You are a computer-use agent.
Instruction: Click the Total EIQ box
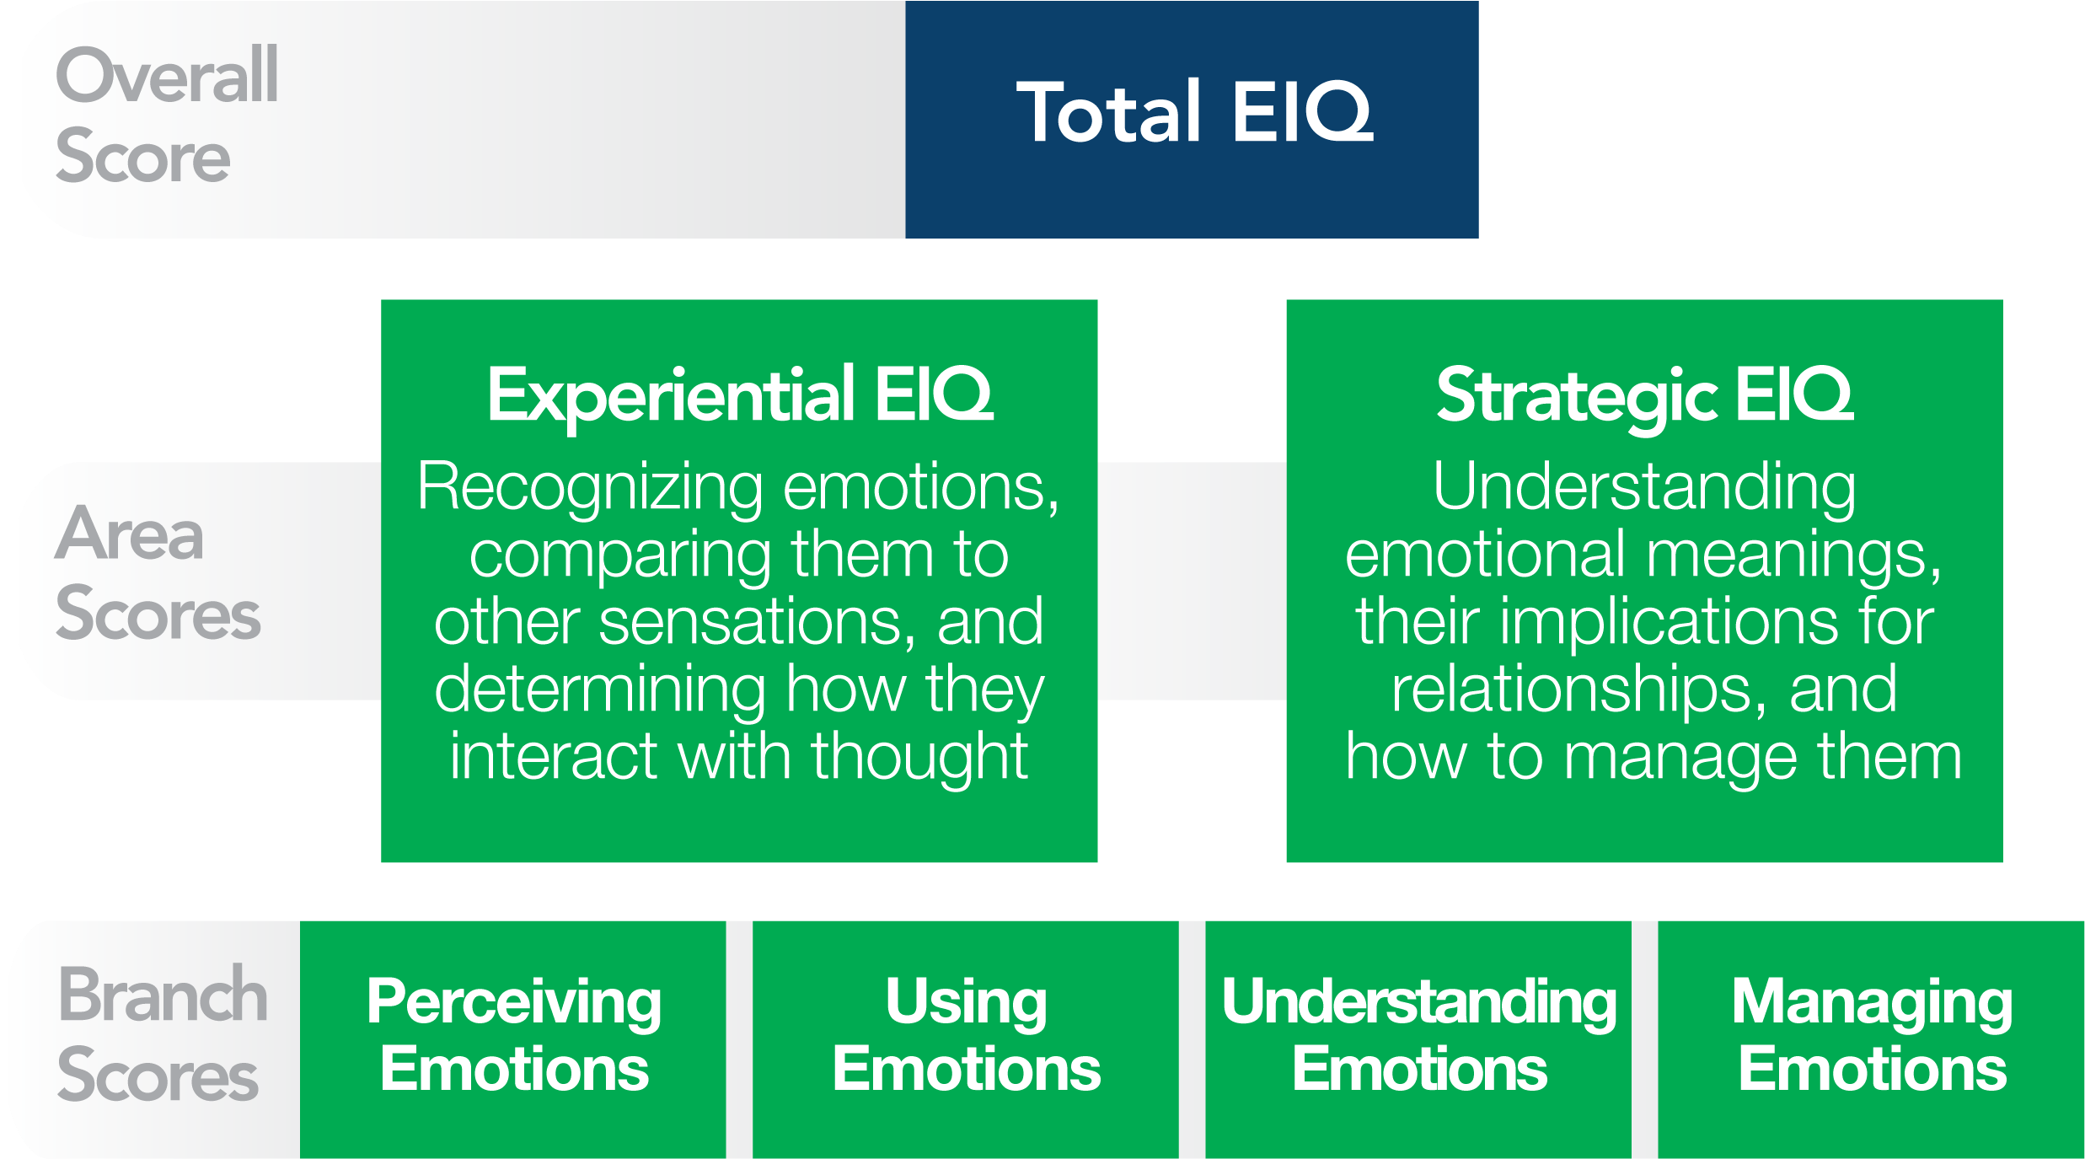[x=1192, y=120]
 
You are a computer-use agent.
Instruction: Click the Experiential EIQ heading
[x=740, y=396]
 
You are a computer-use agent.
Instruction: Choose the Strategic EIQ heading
[x=1645, y=396]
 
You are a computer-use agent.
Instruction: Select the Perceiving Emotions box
[x=513, y=1039]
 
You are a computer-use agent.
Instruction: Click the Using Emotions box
[x=966, y=1039]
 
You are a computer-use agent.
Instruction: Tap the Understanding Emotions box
[x=1418, y=1039]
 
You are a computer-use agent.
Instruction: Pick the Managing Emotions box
[x=1871, y=1039]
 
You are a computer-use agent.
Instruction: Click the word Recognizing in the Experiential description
[x=590, y=489]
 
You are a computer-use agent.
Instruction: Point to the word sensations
[x=757, y=622]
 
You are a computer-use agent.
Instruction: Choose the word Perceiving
[x=514, y=1003]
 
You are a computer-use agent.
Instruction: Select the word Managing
[x=1873, y=1003]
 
